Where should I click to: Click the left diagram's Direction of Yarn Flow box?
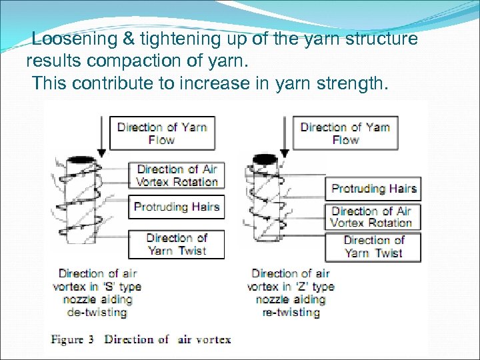pyautogui.click(x=162, y=133)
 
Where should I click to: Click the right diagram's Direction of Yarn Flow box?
pyautogui.click(x=345, y=133)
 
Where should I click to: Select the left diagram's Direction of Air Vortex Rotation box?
pyautogui.click(x=177, y=175)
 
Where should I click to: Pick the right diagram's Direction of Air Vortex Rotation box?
pyautogui.click(x=372, y=217)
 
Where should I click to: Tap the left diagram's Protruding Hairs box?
pyautogui.click(x=177, y=207)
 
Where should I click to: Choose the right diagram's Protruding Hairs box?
pyautogui.click(x=374, y=189)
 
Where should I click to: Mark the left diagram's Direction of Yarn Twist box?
pyautogui.click(x=177, y=244)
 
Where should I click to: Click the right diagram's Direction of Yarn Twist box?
pyautogui.click(x=373, y=247)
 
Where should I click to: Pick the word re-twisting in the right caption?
pyautogui.click(x=291, y=312)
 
